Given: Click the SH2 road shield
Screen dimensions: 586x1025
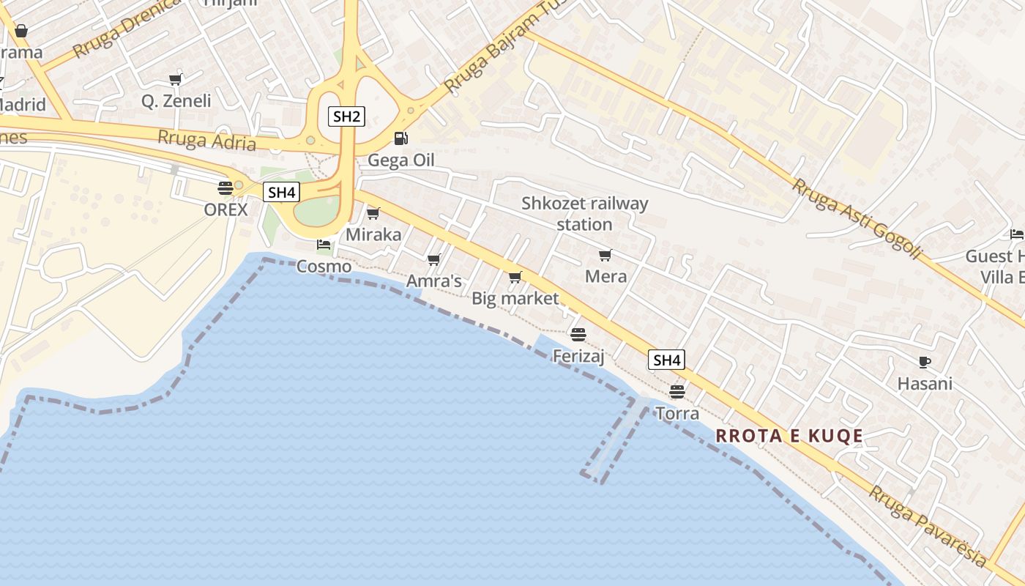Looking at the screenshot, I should (346, 116).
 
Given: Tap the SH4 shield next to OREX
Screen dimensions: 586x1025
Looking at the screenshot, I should (281, 193).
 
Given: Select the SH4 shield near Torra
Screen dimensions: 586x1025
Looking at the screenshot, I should (666, 360).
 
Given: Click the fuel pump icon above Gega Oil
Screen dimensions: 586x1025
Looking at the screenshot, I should (400, 138).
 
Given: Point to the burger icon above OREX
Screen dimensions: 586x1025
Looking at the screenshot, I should (225, 188).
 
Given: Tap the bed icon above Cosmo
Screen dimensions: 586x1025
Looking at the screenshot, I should (324, 245).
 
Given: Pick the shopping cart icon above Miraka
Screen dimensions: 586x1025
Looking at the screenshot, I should (373, 213).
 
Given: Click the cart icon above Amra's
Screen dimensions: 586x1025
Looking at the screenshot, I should (433, 260).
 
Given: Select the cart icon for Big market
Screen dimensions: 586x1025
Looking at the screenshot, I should (515, 277).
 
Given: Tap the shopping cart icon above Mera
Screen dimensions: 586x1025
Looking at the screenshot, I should (605, 255).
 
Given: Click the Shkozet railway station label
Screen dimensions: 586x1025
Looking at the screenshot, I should (584, 213).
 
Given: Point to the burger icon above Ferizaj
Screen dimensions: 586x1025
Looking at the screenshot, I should (578, 335).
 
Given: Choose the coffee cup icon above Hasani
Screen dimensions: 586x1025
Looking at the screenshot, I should (925, 362).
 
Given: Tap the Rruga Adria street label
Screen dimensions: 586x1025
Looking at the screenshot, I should (207, 139).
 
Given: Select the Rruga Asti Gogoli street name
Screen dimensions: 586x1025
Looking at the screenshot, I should (855, 218).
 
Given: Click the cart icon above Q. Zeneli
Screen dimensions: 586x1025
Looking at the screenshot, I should (175, 79).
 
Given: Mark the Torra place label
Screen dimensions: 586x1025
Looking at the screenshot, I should (677, 413).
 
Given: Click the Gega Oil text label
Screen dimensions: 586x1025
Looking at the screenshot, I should (401, 160).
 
